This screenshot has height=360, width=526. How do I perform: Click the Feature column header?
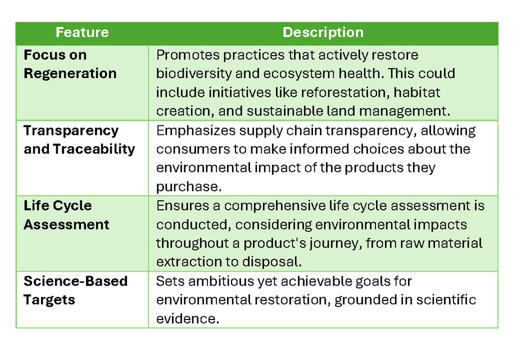82,32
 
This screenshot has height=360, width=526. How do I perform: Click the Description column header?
323,32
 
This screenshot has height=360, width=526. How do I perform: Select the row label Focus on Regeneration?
70,64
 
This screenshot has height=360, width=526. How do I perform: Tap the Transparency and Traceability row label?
79,139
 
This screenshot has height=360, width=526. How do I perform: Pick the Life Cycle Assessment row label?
66,215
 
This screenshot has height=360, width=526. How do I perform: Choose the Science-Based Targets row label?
75,290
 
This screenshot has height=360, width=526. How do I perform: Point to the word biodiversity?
194,74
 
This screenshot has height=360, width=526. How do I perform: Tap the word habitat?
416,92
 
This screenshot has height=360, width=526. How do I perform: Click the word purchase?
189,187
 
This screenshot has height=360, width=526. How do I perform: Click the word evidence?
188,318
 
